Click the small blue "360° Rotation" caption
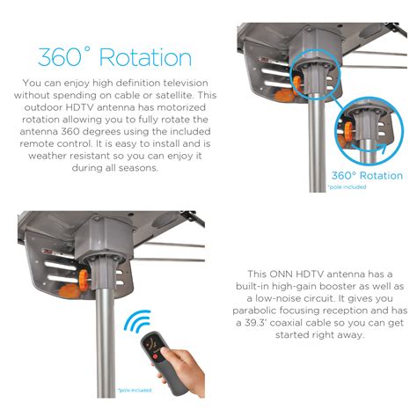367,175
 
